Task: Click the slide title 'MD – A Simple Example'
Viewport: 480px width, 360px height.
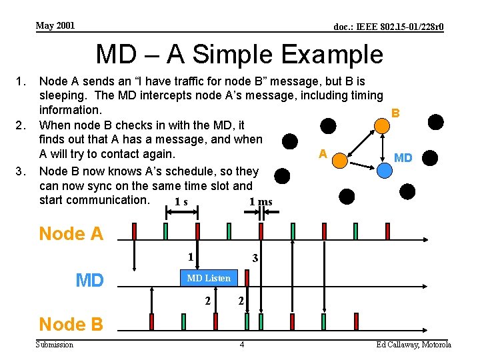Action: click(239, 54)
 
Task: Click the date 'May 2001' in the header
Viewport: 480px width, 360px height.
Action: click(55, 26)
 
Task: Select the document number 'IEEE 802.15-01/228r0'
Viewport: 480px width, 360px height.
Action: click(389, 27)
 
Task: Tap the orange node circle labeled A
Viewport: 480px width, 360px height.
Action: click(340, 161)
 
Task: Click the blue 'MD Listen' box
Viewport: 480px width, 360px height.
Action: click(208, 278)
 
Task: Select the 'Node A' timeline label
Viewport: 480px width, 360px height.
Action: click(71, 234)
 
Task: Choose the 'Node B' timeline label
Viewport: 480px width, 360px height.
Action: click(71, 325)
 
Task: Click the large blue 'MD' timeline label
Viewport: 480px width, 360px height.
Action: click(89, 281)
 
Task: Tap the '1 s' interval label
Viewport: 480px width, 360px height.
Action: click(181, 202)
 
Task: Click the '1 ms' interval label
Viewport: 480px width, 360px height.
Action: click(261, 202)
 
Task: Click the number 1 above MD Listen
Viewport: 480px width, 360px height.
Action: click(190, 257)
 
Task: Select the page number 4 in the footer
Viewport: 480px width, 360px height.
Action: click(242, 345)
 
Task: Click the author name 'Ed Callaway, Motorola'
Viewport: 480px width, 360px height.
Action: click(413, 345)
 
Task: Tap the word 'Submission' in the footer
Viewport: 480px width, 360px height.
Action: click(55, 345)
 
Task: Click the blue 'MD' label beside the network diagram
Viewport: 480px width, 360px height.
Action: click(403, 158)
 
